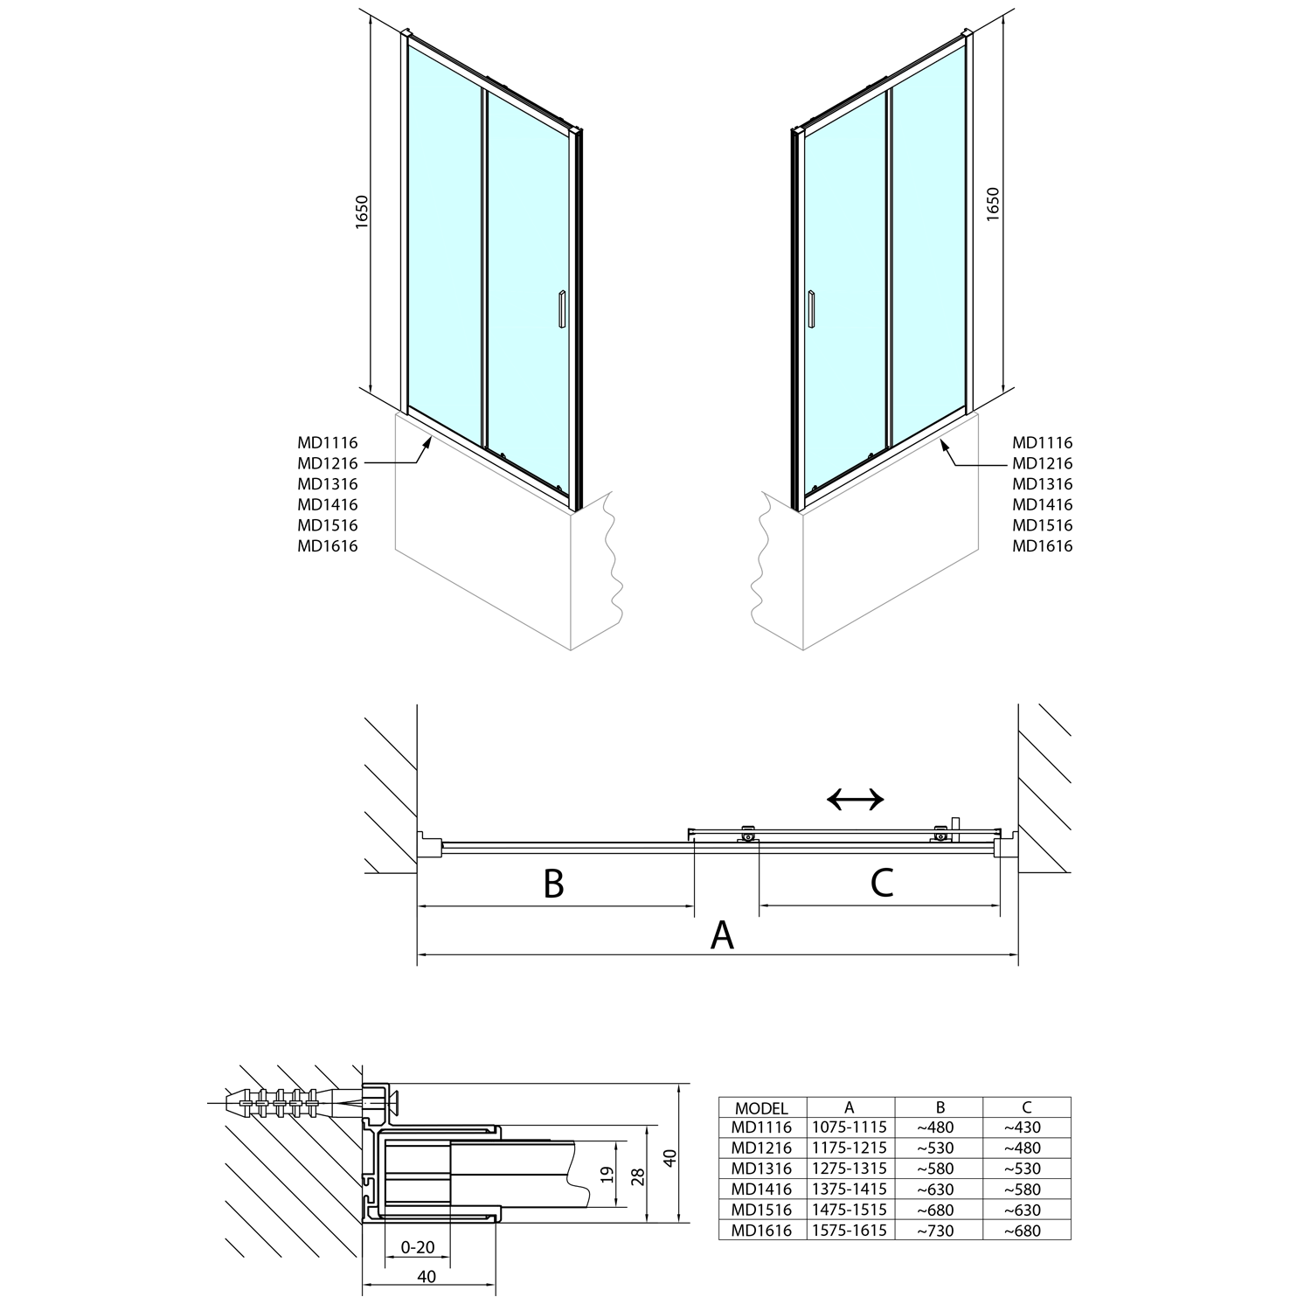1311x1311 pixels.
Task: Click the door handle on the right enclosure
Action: [x=811, y=309]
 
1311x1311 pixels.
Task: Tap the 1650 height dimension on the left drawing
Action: [x=364, y=212]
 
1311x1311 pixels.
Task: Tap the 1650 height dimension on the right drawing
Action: [x=992, y=205]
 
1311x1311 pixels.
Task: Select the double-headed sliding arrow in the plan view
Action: [x=856, y=798]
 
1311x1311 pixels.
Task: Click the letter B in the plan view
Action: [x=553, y=884]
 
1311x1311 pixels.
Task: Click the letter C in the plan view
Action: [x=882, y=883]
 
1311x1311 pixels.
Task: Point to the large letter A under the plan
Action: [x=722, y=935]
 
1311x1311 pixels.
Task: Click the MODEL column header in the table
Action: [x=761, y=1107]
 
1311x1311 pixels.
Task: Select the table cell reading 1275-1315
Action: [x=850, y=1169]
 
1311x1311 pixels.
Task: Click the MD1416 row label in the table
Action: [x=761, y=1190]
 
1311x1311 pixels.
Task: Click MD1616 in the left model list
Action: [x=328, y=546]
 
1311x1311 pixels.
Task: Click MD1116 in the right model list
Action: [x=1043, y=443]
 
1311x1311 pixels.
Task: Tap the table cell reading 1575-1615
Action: [x=850, y=1231]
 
